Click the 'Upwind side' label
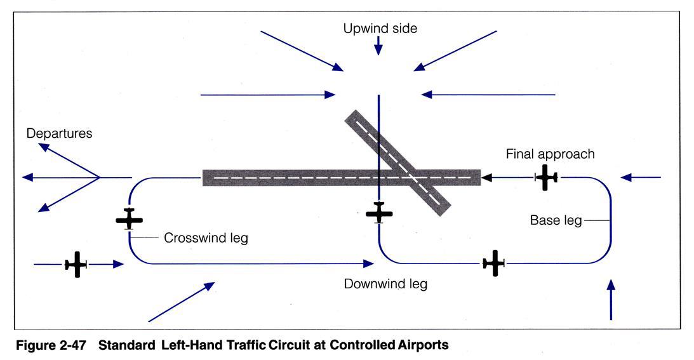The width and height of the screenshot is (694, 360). point(380,29)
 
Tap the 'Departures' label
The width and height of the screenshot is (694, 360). point(59,134)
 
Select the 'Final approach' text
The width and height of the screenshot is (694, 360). point(550,154)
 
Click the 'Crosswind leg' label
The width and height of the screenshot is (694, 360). point(206,239)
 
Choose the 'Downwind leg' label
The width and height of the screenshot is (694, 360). point(385,284)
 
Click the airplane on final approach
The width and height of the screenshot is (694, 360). point(546,177)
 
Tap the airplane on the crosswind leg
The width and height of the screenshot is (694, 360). point(130,219)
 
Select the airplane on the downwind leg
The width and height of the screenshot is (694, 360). point(493,263)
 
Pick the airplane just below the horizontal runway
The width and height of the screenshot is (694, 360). point(379,213)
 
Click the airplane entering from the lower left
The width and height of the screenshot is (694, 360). point(76,264)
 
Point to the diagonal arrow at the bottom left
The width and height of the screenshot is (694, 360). point(181,302)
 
